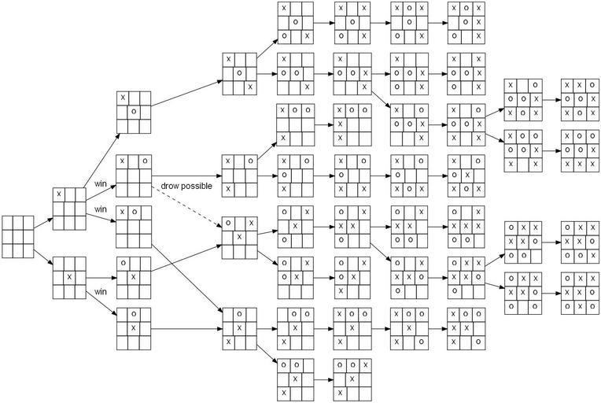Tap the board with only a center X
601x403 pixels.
coord(68,278)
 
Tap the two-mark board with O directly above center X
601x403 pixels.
coord(134,327)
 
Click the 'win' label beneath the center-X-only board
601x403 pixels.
coord(101,291)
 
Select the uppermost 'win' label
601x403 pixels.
coord(101,185)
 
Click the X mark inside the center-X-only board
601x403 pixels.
coord(68,278)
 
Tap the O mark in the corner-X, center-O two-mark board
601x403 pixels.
coord(134,111)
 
